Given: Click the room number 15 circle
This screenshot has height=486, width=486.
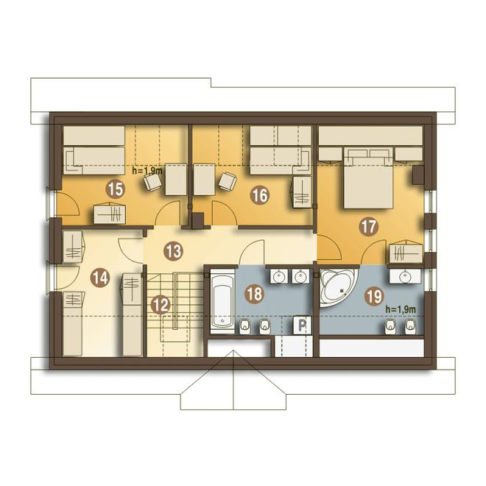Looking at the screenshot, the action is (116, 189).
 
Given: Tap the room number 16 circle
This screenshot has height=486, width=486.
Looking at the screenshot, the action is (260, 195).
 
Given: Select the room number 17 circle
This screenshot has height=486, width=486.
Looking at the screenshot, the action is (368, 227).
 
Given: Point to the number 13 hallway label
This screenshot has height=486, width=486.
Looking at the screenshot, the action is (173, 251).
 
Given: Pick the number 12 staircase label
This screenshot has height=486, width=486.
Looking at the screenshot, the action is (161, 305).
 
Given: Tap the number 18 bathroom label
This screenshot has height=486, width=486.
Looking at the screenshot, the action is (255, 293).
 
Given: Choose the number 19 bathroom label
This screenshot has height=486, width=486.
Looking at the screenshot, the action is (375, 297).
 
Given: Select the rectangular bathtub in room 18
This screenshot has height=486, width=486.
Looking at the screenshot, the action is (222, 301).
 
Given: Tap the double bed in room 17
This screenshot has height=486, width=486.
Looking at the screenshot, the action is (368, 177).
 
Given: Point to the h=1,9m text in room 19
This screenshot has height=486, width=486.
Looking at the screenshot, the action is (401, 309).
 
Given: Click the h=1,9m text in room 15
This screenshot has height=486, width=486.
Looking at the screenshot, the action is (147, 170).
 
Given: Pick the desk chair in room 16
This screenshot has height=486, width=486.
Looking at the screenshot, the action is (228, 180).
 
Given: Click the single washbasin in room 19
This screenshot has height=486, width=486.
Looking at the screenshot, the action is (405, 276).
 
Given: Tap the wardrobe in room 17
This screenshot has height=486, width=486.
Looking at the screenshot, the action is (406, 252).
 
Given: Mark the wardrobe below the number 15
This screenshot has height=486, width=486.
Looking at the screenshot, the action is (110, 213).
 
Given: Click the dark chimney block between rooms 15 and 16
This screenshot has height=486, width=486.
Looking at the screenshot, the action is (198, 220).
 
